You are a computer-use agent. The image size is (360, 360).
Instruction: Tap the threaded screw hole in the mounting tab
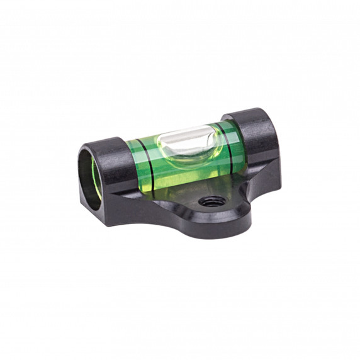206,202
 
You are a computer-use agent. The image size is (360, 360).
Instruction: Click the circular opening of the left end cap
89,180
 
